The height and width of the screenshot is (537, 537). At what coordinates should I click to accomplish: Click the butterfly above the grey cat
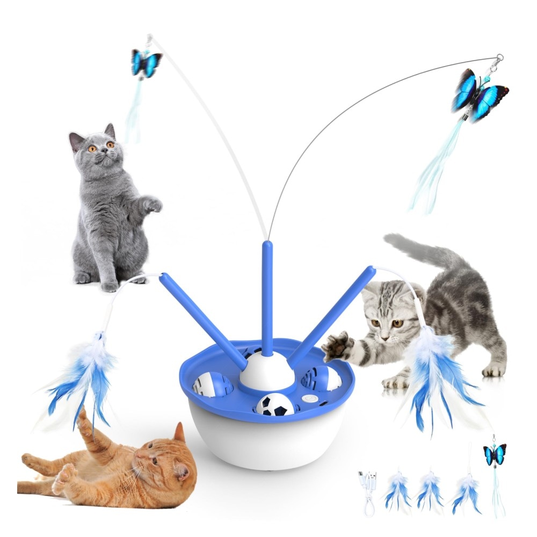[146, 62]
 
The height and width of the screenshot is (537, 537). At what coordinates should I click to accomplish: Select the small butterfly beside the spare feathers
[495, 454]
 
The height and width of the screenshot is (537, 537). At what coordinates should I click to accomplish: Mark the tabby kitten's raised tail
[424, 250]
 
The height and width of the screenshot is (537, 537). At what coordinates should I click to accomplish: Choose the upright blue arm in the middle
[267, 295]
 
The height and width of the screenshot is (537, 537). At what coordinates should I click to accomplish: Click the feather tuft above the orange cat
[86, 376]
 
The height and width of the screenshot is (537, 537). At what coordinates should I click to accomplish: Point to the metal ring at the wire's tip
[500, 57]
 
